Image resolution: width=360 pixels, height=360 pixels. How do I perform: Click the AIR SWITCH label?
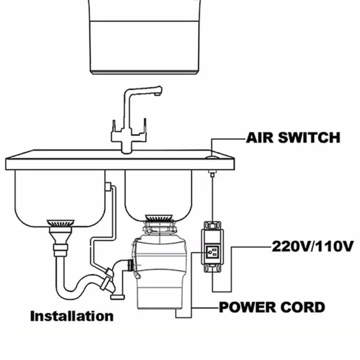pos(293,138)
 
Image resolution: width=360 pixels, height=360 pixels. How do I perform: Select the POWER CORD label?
pos(272,307)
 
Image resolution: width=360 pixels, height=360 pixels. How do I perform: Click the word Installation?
pos(71,315)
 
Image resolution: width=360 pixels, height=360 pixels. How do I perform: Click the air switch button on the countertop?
pos(211,156)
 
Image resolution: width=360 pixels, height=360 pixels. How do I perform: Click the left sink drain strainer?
pos(60,223)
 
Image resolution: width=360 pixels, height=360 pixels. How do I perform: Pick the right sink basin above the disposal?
pos(158,193)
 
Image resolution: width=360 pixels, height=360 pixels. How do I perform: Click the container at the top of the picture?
pos(145,36)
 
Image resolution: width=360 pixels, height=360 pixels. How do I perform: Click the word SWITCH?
pos(310,138)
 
